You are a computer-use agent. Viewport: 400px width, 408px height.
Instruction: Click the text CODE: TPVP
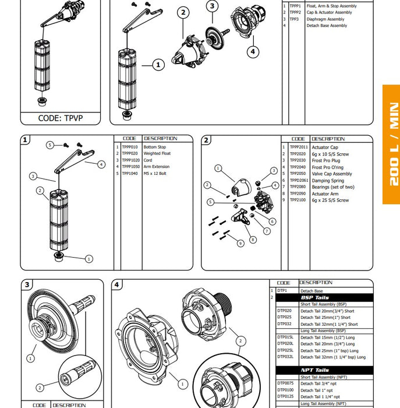[x=61, y=117]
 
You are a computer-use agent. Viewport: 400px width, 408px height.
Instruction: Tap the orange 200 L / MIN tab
[x=391, y=144]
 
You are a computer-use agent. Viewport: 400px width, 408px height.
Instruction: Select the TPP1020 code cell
[x=130, y=160]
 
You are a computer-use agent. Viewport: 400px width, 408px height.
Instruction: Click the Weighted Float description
[x=157, y=154]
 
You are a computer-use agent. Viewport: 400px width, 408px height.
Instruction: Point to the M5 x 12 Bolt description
[x=157, y=173]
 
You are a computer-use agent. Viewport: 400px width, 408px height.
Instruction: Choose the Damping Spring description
[x=328, y=181]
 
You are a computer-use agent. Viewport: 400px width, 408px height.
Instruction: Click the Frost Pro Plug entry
[x=325, y=160]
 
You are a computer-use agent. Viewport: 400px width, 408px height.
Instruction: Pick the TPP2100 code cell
[x=298, y=200]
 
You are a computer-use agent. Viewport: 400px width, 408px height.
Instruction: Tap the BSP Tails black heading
[x=314, y=297]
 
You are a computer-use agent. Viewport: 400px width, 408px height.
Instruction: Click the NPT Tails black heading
[x=314, y=370]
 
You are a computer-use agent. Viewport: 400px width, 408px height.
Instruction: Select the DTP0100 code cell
[x=286, y=390]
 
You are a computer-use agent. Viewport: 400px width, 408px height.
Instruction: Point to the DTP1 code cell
[x=282, y=290]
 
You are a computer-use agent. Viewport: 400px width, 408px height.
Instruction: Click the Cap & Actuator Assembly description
[x=328, y=12]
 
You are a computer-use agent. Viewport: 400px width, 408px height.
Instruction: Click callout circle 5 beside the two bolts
[x=50, y=145]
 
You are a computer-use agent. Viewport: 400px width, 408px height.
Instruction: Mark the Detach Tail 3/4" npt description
[x=318, y=383]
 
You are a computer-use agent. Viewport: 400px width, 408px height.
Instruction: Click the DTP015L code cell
[x=286, y=337]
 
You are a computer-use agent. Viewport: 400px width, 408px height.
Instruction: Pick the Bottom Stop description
[x=154, y=147]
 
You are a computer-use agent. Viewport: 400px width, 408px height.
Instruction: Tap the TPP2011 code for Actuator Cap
[x=299, y=147]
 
